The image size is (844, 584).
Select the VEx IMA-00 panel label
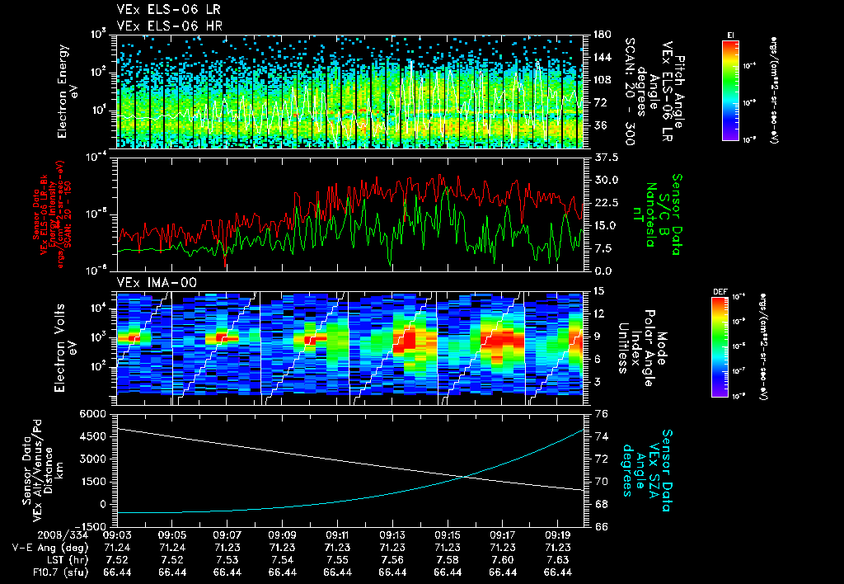150,282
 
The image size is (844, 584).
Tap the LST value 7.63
558,559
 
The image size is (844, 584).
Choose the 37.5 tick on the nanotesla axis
606,157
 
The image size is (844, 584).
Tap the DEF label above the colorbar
718,291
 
